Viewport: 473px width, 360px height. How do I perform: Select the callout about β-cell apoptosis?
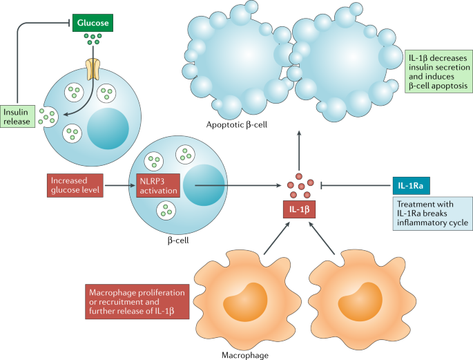(x=438, y=75)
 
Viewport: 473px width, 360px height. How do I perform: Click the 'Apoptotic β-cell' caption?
(x=238, y=124)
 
